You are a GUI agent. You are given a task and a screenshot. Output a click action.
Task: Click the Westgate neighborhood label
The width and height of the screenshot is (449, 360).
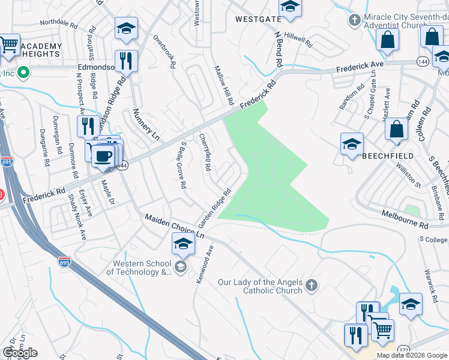point(258,19)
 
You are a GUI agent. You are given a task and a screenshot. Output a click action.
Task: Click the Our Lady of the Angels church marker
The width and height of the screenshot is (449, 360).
point(311,286)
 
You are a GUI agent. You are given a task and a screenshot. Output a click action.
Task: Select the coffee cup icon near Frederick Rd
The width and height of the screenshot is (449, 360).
point(103,154)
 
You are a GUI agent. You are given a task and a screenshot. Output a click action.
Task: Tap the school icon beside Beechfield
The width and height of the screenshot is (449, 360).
point(352,144)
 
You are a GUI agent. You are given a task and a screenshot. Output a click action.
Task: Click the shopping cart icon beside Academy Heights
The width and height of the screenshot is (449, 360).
point(8,44)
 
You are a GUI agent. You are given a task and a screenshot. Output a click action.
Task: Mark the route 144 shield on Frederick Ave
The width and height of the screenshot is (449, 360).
point(423,61)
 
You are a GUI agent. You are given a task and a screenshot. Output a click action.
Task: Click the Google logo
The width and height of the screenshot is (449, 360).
point(20,353)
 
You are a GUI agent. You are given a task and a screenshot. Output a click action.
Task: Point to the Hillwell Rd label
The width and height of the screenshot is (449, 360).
point(298,40)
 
